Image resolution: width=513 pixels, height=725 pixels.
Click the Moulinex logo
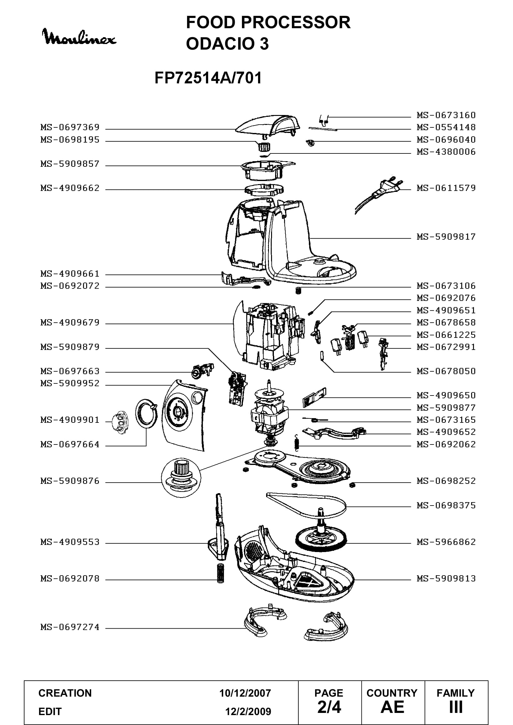tap(79, 37)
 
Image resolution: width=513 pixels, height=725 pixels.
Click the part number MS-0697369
tap(70, 127)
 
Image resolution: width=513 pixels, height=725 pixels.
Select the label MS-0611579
tap(446, 188)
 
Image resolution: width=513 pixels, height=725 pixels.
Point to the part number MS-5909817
tap(446, 237)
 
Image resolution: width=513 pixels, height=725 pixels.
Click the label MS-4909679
tap(70, 323)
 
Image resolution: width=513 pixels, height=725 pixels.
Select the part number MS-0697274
tap(70, 627)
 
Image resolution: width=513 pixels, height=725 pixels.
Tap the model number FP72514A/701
tap(208, 78)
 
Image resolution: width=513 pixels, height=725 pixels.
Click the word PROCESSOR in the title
tap(296, 22)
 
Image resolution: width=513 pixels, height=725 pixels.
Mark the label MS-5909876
tap(70, 481)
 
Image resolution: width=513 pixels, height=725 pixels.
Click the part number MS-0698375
tap(446, 506)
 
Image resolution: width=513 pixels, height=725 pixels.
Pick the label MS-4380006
tap(446, 152)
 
